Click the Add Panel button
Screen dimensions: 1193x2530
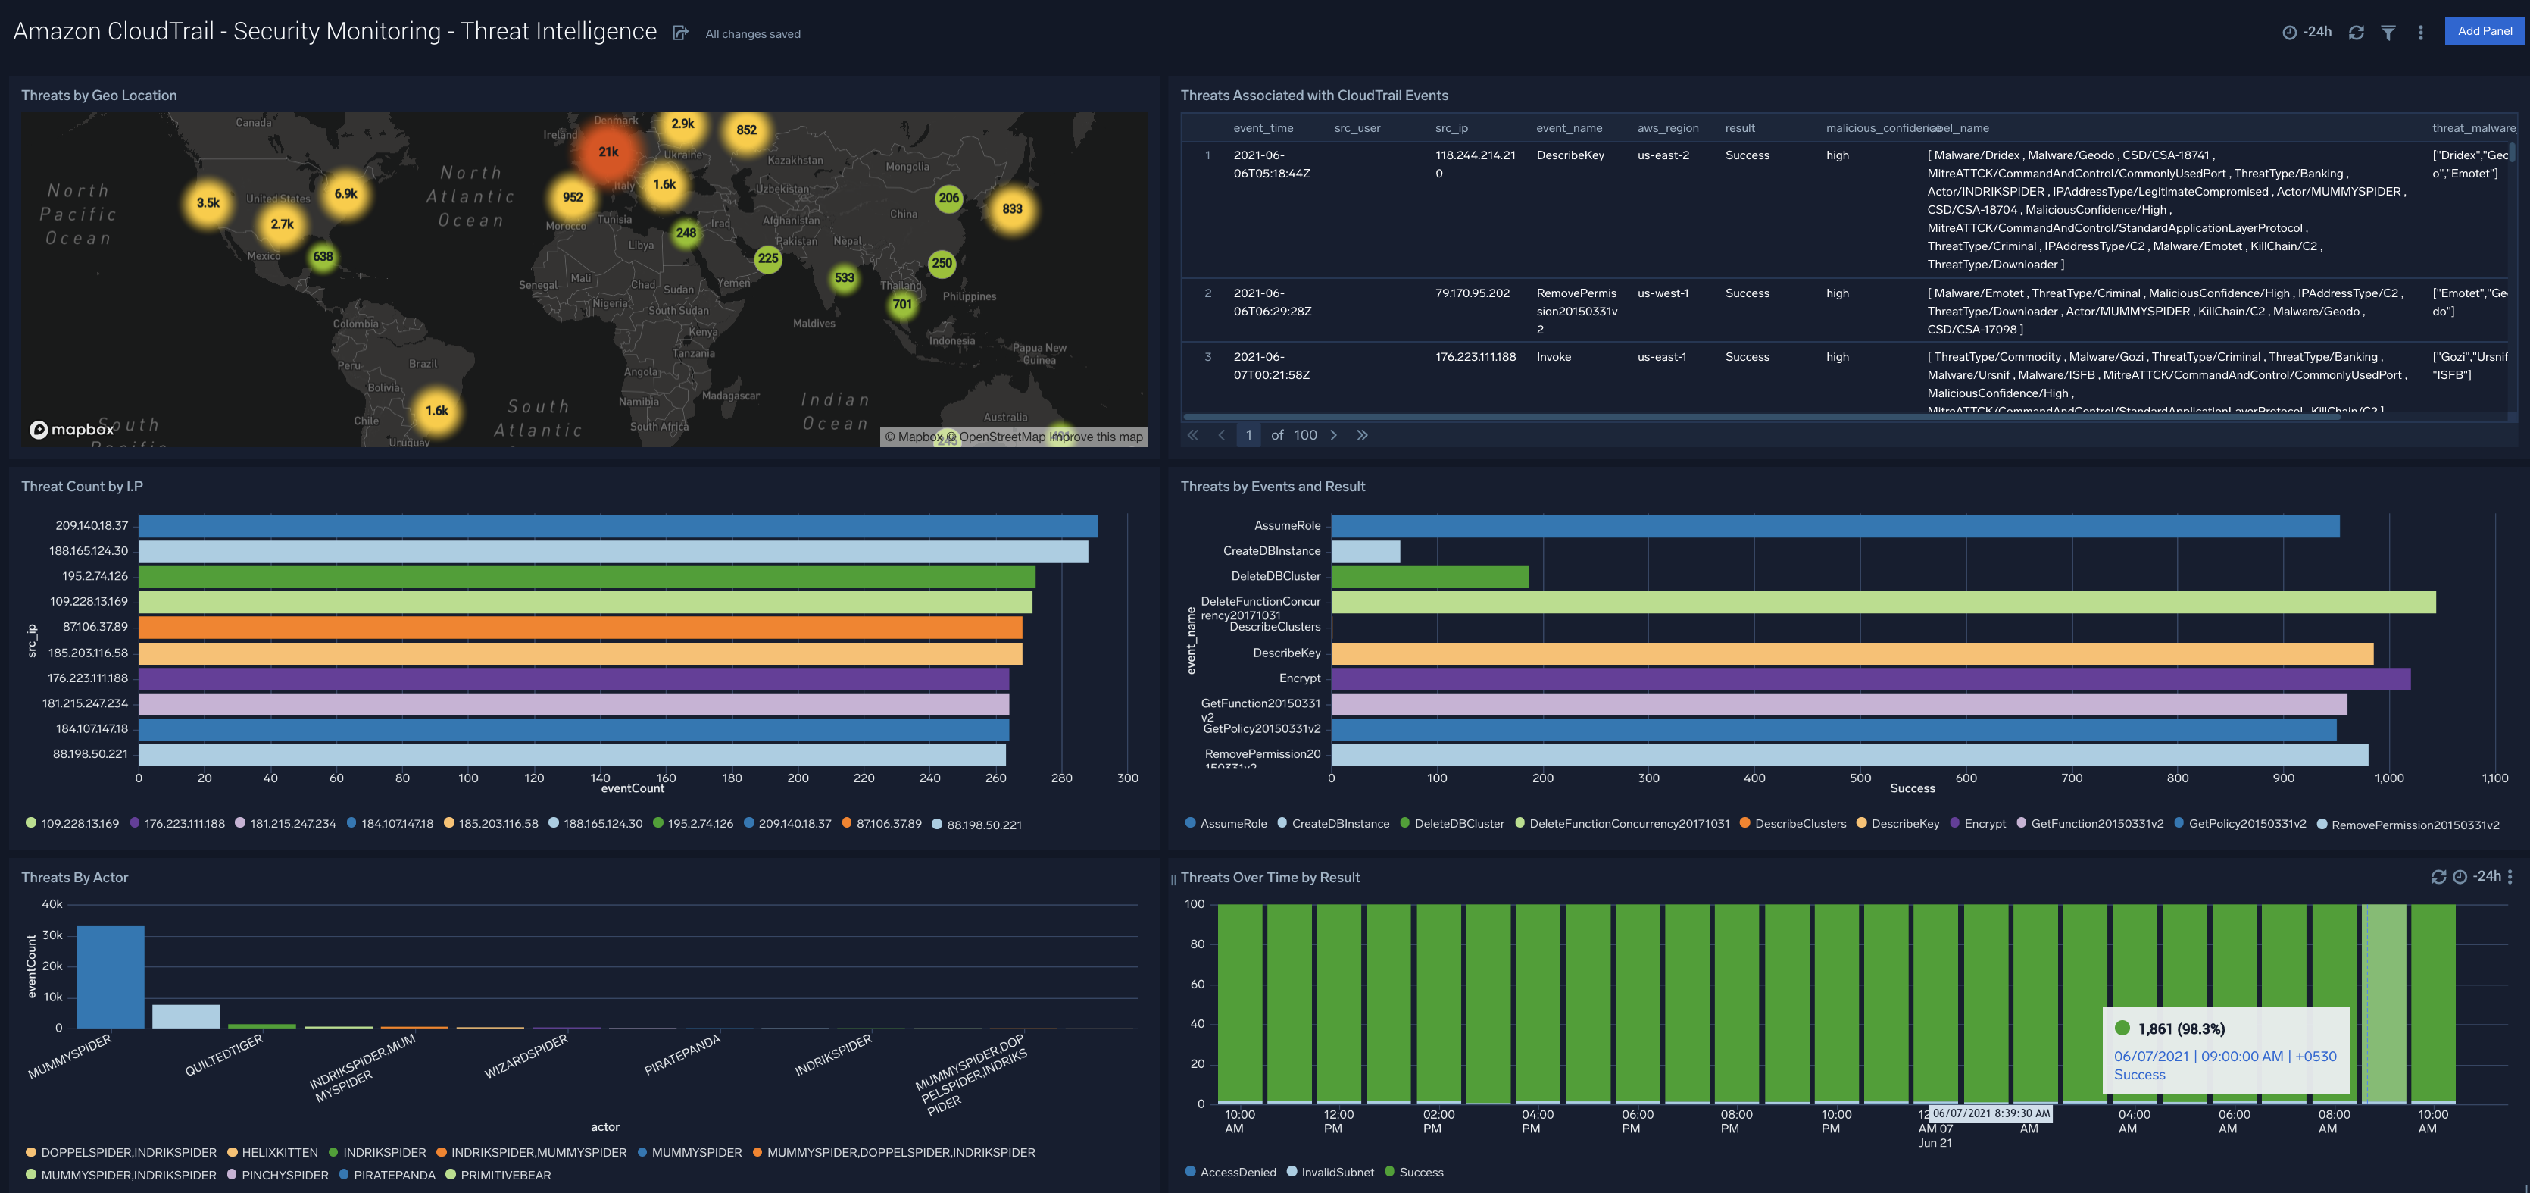[x=2484, y=30]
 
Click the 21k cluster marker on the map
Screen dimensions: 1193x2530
[x=608, y=152]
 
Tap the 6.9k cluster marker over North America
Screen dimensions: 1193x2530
[x=345, y=193]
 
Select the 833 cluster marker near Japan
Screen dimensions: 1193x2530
[x=1011, y=208]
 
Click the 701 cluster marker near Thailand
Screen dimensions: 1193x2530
[x=901, y=305]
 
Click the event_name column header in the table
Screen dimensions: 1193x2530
[x=1569, y=128]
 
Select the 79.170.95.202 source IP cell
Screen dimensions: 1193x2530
[x=1473, y=293]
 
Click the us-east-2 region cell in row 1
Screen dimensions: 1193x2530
[x=1663, y=155]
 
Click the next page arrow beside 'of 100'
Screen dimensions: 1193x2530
[x=1332, y=434]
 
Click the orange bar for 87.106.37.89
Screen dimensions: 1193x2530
[x=579, y=627]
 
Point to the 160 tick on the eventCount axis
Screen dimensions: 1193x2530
[x=666, y=778]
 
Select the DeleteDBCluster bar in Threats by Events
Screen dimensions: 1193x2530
[x=1429, y=577]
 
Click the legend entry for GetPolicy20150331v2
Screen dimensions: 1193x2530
[x=2246, y=824]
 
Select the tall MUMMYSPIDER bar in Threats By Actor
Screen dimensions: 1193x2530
[x=110, y=977]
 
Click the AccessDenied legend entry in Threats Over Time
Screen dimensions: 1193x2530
[x=1236, y=1171]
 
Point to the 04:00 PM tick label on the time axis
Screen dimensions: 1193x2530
[x=1536, y=1121]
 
